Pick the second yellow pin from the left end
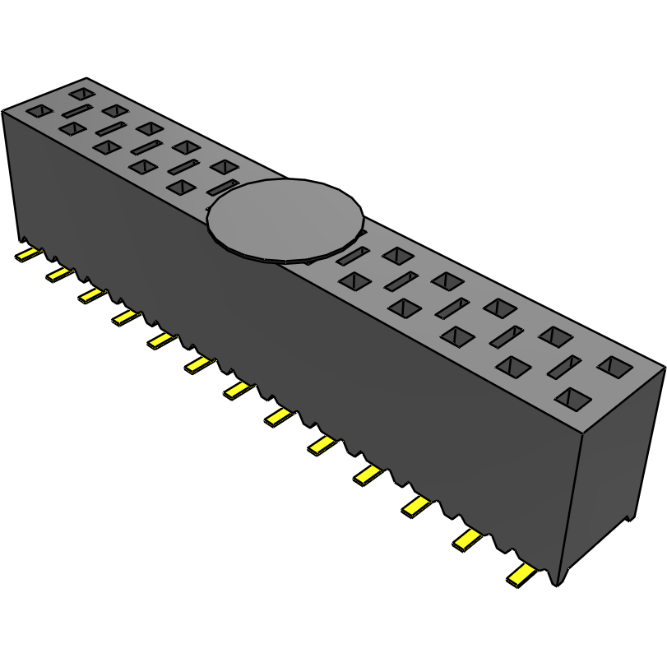[x=59, y=273]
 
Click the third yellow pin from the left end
[x=91, y=294]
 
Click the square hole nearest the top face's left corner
[x=39, y=110]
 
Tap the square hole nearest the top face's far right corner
[x=614, y=366]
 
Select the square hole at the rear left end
[x=82, y=94]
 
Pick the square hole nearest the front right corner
[x=572, y=400]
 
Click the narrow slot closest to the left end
[x=78, y=110]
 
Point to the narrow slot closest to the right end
[x=565, y=367]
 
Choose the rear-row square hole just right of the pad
[x=396, y=255]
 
